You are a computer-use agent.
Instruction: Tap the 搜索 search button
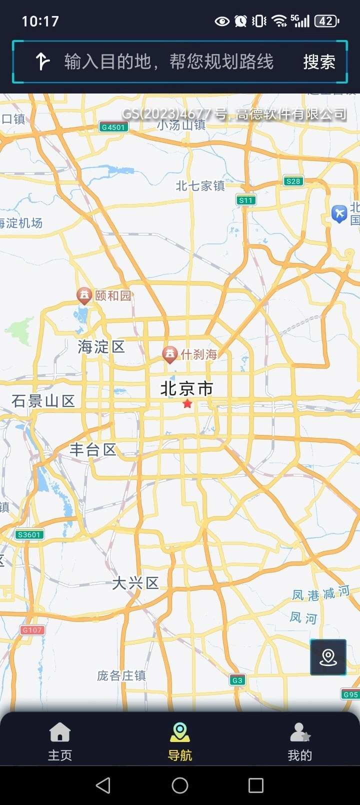(x=319, y=62)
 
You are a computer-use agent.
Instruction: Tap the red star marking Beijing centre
(x=187, y=403)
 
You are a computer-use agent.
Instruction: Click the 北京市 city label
(x=186, y=388)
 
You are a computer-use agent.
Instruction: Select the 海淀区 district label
(x=101, y=346)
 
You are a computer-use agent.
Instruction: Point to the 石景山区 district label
(x=43, y=400)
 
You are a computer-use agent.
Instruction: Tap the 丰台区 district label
(x=93, y=449)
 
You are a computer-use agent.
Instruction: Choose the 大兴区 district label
(x=135, y=583)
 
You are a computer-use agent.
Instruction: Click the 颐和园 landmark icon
(x=84, y=295)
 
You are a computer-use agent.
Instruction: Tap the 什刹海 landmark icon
(x=170, y=354)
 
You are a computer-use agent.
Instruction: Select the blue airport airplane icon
(x=339, y=213)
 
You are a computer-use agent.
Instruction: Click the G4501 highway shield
(x=113, y=127)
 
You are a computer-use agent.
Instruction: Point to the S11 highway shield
(x=246, y=200)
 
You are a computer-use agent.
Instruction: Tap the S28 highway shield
(x=293, y=181)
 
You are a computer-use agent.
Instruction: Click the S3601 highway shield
(x=29, y=534)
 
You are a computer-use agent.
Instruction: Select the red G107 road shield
(x=32, y=630)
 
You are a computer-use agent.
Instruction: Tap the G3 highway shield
(x=237, y=680)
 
